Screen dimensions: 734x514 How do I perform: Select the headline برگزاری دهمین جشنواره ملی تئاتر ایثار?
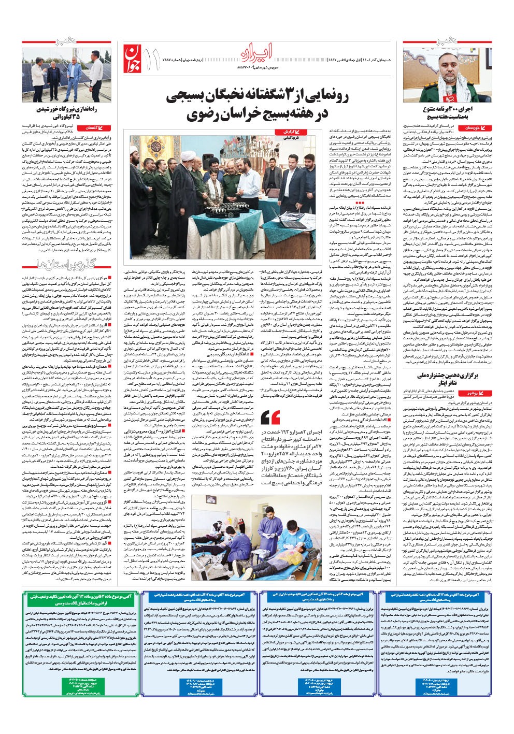click(445, 377)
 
